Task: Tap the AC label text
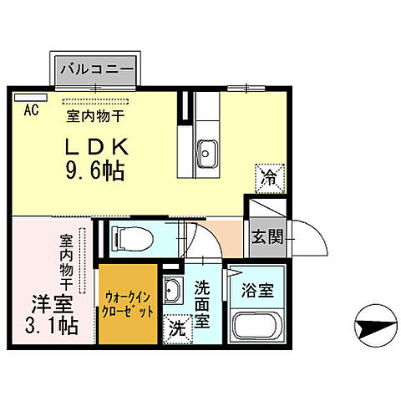[x=31, y=109]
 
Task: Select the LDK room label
[x=98, y=146]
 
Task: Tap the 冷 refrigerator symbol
[x=269, y=177]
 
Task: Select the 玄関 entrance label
[x=267, y=236]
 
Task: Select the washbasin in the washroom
[x=174, y=292]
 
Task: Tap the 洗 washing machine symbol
[x=177, y=327]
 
